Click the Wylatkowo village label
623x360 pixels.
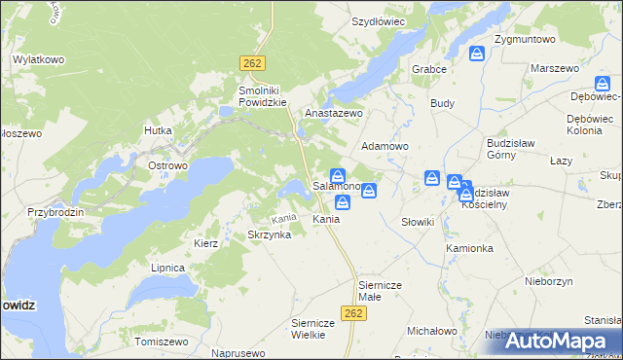click(x=38, y=59)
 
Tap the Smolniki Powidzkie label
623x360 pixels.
click(x=263, y=95)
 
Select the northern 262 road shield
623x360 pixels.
click(x=251, y=62)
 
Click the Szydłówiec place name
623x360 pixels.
click(x=378, y=20)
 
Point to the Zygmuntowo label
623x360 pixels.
click(x=524, y=40)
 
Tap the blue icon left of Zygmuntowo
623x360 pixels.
click(x=477, y=54)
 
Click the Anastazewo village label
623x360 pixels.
click(x=334, y=113)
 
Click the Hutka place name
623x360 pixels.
click(x=157, y=129)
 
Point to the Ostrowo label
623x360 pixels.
click(x=167, y=165)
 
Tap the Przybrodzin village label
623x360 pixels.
click(x=56, y=212)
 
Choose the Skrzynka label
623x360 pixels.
click(x=270, y=235)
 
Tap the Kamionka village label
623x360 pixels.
click(x=470, y=248)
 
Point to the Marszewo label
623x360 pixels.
click(x=554, y=69)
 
